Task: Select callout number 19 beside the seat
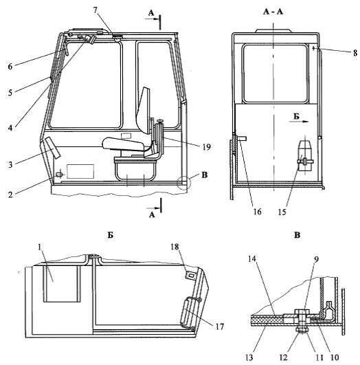206,147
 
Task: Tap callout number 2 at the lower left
10,195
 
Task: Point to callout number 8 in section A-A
355,53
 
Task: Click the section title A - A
273,11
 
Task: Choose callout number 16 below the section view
257,212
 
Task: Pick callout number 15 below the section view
282,212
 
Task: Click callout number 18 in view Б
175,247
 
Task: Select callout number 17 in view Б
219,327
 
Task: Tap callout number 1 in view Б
40,247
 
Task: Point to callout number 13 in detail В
249,357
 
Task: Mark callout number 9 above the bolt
316,259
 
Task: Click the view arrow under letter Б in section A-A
300,121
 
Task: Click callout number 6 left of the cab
10,67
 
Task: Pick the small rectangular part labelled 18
190,275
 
